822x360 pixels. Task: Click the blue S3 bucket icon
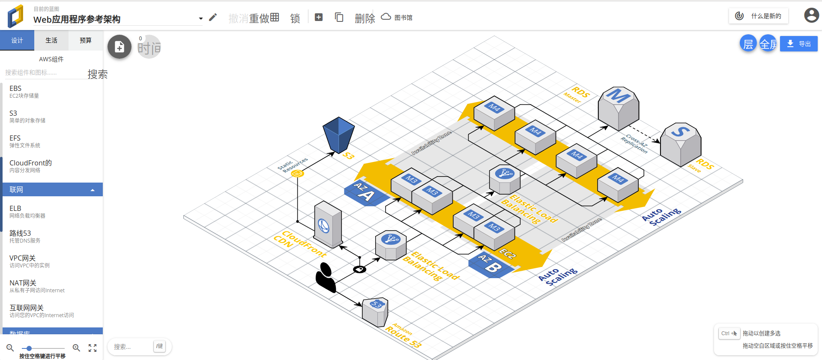pyautogui.click(x=338, y=135)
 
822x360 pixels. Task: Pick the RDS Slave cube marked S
pyautogui.click(x=680, y=144)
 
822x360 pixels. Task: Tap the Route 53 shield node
pyautogui.click(x=375, y=312)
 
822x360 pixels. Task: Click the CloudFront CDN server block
pyautogui.click(x=328, y=224)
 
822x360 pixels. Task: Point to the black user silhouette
pyautogui.click(x=326, y=278)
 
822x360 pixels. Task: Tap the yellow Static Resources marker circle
pyautogui.click(x=297, y=173)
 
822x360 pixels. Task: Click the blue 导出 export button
pyautogui.click(x=798, y=44)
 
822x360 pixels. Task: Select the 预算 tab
pyautogui.click(x=86, y=40)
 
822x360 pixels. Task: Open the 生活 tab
pyautogui.click(x=51, y=40)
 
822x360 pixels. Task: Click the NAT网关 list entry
pyautogui.click(x=37, y=286)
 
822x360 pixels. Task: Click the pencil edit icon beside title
pyautogui.click(x=213, y=17)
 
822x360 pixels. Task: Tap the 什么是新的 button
pyautogui.click(x=759, y=16)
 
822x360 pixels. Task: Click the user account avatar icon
pyautogui.click(x=811, y=15)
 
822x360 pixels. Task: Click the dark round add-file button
pyautogui.click(x=120, y=47)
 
